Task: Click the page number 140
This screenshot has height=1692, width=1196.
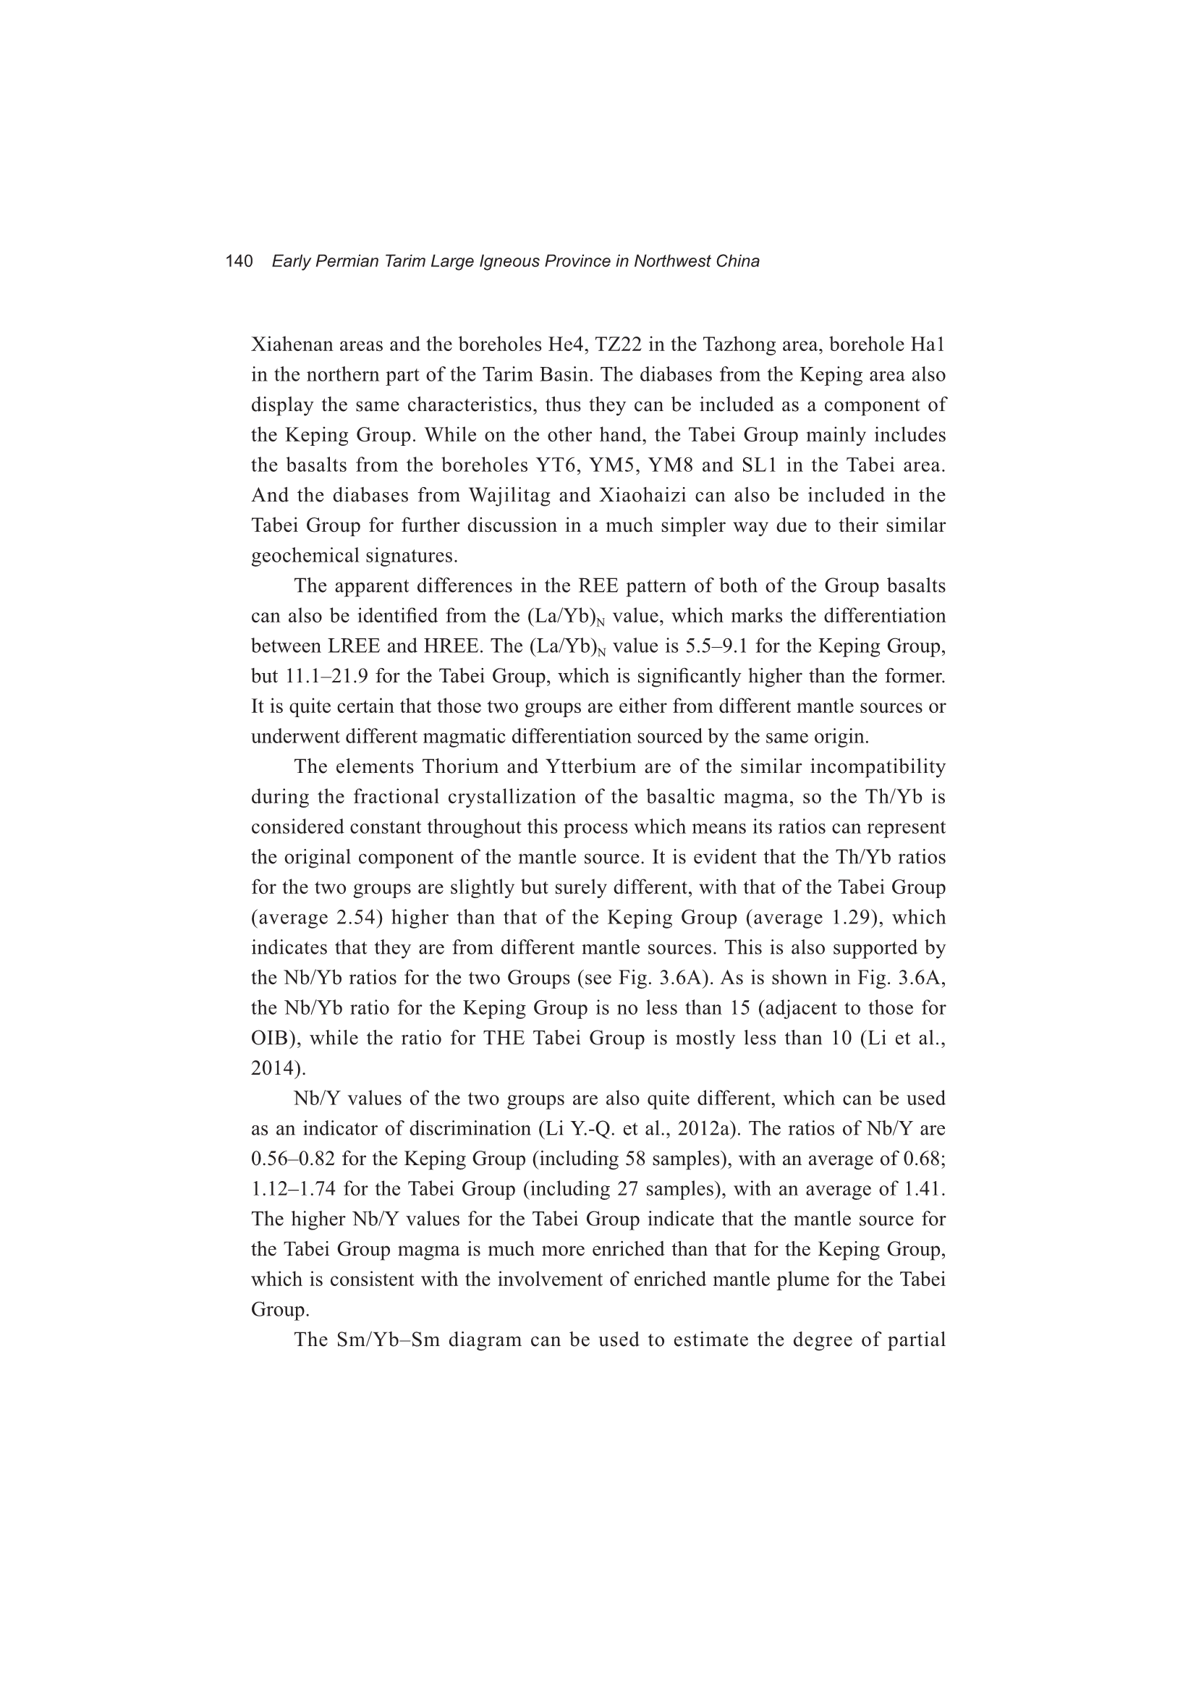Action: click(239, 261)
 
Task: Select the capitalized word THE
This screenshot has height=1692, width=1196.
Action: click(504, 1039)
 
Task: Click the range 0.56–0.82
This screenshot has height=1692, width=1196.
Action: click(293, 1159)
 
